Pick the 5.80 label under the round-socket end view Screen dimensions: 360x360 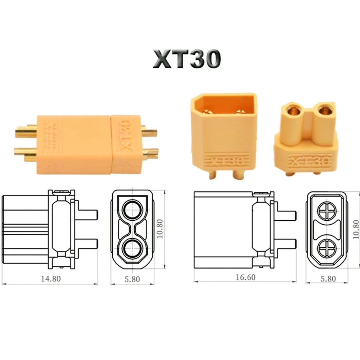[x=132, y=279]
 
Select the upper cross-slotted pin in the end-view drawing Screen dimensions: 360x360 [x=327, y=211]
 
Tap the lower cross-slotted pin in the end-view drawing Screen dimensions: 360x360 [x=327, y=248]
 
